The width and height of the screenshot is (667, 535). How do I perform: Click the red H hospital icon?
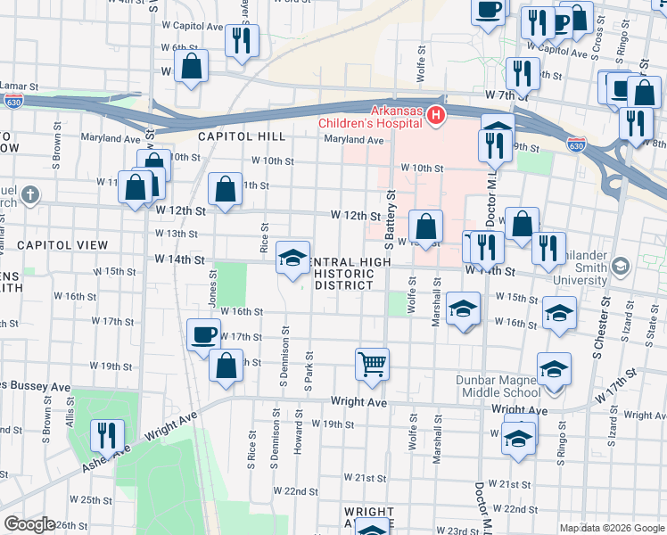point(436,115)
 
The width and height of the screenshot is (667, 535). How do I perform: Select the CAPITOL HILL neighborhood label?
point(241,136)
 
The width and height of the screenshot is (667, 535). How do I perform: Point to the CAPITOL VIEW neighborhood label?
point(62,244)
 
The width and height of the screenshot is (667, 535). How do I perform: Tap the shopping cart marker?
point(372,362)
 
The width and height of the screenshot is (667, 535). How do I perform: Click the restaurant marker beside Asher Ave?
point(107,434)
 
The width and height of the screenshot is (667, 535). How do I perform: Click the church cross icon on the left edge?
point(30,193)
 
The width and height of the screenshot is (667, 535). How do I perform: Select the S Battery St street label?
point(389,218)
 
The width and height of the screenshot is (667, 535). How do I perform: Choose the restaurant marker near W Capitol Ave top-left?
point(242,40)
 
